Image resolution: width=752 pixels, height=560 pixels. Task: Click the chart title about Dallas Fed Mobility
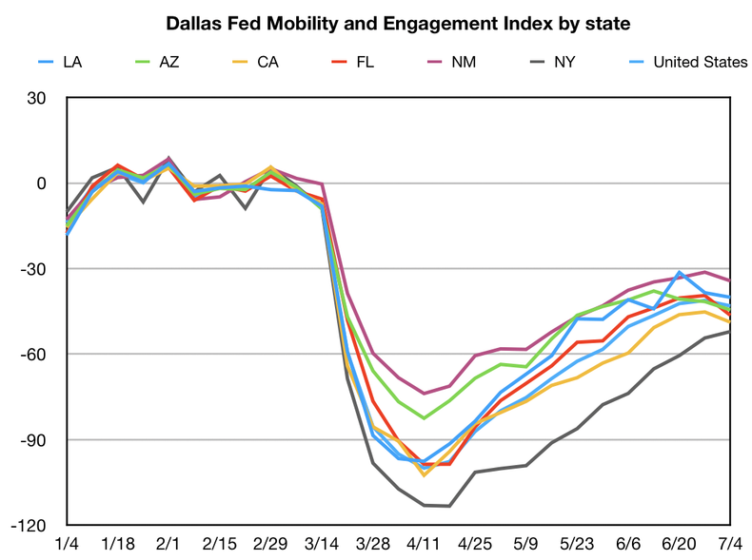[398, 23]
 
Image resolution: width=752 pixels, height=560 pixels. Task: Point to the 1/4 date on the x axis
[67, 543]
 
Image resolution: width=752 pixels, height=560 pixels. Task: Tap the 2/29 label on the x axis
[270, 543]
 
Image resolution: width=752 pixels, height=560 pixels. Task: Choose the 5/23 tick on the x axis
[576, 543]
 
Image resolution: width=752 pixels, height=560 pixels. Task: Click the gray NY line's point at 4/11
[424, 505]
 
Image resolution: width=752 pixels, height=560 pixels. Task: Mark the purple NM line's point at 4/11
[424, 393]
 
